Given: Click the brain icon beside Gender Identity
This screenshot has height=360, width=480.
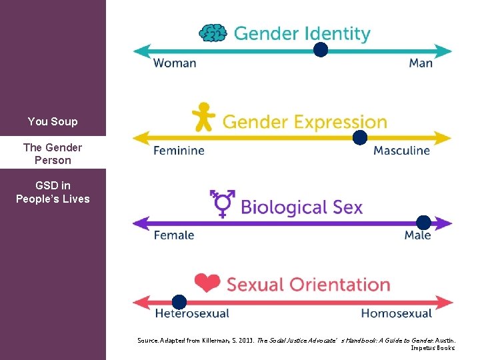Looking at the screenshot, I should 213,32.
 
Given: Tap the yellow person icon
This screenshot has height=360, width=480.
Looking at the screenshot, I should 203,117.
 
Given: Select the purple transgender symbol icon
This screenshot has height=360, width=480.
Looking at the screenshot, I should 223,203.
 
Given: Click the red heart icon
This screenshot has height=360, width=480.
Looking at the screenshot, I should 207,283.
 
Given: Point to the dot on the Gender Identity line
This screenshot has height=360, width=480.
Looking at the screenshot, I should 321,50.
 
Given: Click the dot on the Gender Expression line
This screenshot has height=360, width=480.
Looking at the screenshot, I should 360,138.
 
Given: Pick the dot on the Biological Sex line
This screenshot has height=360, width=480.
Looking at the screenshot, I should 423,223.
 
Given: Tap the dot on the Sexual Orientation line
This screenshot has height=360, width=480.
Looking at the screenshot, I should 179,302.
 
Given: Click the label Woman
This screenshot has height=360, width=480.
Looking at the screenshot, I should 175,63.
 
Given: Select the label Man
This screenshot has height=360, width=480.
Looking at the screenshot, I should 421,63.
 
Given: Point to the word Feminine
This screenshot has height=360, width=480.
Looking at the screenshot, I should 179,151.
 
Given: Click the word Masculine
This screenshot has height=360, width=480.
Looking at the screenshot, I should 401,151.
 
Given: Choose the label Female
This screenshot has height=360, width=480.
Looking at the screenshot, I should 174,235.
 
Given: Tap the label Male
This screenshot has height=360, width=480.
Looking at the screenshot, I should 417,235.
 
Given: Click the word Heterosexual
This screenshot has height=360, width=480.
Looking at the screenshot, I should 192,313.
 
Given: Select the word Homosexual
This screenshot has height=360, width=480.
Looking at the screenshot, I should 396,313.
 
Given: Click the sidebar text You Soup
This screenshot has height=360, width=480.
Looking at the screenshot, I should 53,121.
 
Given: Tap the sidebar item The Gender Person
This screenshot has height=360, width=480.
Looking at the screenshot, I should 53,153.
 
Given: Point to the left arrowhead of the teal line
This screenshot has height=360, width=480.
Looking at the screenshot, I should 139,51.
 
